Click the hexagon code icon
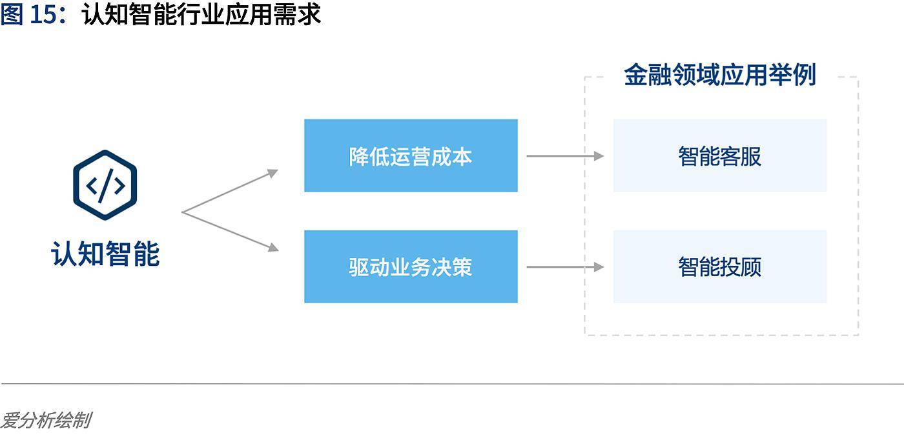coord(105,186)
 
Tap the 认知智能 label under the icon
coord(105,254)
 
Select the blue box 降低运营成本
coord(411,155)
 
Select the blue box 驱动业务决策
coord(411,266)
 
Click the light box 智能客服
coord(719,155)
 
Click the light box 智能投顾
coord(719,266)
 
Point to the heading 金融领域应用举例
coord(719,75)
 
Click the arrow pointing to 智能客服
coord(565,155)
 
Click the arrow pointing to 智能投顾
coord(565,266)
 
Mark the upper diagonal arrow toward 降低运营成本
coord(231,191)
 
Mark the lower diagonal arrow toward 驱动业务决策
coord(231,231)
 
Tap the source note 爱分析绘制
coord(45,421)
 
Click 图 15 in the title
coord(30,15)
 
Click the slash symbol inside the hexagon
coord(105,186)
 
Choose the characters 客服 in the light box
coord(741,156)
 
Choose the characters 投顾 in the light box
coord(741,267)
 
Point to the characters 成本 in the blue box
coord(452,156)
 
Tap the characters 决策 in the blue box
coord(452,267)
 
